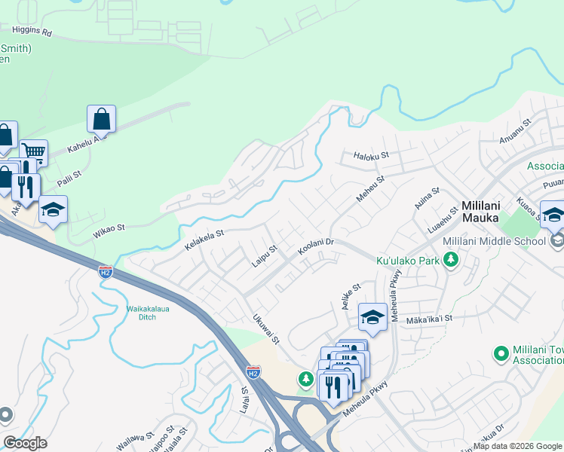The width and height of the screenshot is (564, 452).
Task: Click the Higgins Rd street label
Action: [31, 32]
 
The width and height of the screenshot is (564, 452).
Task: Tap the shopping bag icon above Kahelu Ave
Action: [101, 119]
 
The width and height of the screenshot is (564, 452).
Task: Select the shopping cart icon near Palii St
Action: [33, 154]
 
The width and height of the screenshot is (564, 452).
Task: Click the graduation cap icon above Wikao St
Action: [53, 209]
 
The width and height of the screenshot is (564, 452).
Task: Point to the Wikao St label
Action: [109, 226]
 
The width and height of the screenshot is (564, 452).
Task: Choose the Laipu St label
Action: [265, 255]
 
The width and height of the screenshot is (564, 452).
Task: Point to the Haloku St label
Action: [371, 157]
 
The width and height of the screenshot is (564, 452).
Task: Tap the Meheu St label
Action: [370, 189]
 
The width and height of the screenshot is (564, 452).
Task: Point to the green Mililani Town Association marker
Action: [500, 353]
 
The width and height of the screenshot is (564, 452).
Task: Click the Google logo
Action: [25, 444]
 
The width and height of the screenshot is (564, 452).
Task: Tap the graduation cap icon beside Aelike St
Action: [372, 317]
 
